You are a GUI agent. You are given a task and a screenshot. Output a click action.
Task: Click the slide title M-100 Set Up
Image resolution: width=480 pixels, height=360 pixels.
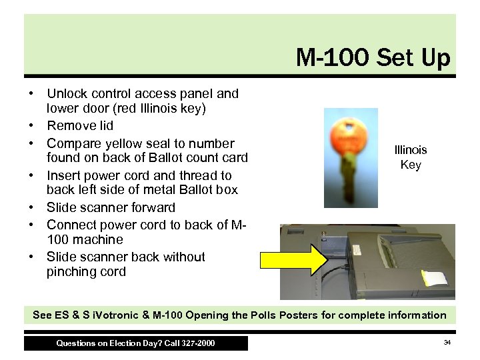pyautogui.click(x=373, y=59)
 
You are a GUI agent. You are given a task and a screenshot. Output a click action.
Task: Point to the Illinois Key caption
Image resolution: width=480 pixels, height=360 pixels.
pyautogui.click(x=411, y=157)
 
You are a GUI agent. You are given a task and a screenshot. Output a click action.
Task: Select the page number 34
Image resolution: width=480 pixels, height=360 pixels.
pyautogui.click(x=447, y=343)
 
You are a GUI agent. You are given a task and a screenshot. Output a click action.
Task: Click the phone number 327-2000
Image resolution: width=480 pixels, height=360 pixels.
pyautogui.click(x=198, y=343)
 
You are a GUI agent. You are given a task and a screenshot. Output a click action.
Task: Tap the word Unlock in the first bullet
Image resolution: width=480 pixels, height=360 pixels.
pyautogui.click(x=66, y=94)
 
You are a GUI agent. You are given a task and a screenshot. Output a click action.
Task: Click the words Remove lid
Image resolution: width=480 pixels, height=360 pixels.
pyautogui.click(x=80, y=125)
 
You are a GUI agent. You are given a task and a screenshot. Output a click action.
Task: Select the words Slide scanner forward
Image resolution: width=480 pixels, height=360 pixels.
pyautogui.click(x=111, y=207)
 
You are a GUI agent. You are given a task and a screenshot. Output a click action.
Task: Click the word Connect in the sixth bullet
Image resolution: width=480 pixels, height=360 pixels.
pyautogui.click(x=71, y=225)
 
